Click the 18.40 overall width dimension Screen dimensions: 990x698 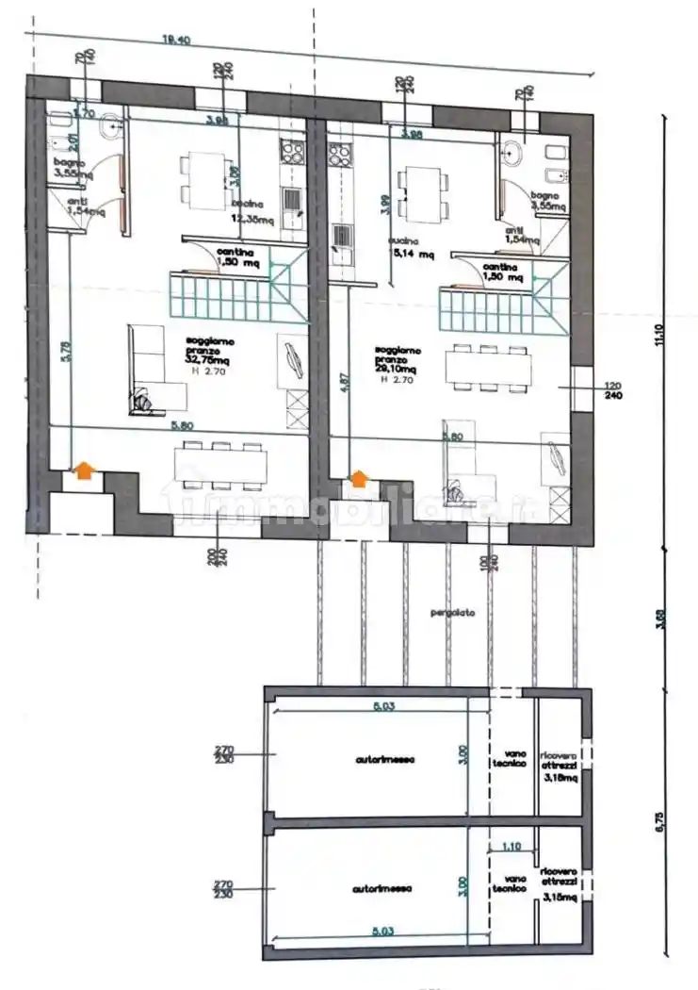click(x=176, y=40)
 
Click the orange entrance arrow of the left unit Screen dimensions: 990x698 click(x=84, y=470)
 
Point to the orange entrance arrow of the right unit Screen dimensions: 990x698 click(x=360, y=479)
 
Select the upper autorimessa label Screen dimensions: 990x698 click(x=384, y=758)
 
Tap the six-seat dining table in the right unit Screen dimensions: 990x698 click(x=488, y=367)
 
